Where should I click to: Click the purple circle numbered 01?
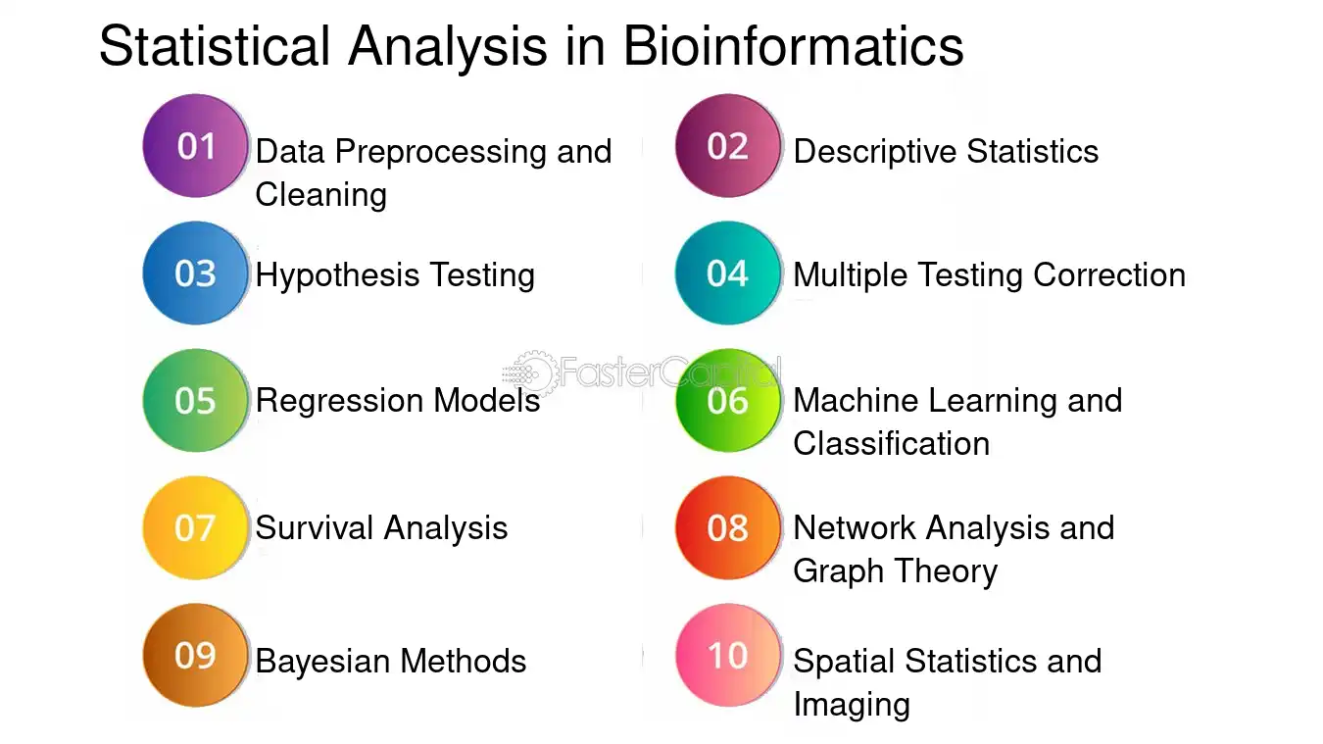(195, 146)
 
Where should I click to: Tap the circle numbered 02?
(727, 146)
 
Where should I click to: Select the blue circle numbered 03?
(195, 273)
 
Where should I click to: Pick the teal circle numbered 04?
(727, 273)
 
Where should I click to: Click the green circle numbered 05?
(195, 401)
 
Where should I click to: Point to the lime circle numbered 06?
(727, 401)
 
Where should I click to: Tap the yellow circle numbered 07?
(195, 527)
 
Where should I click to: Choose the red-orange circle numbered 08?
(727, 527)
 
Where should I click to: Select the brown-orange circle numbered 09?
(195, 656)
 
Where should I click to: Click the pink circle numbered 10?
(727, 656)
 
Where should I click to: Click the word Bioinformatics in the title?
(793, 46)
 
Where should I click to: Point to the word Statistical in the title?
(215, 46)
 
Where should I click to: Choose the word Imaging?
(851, 706)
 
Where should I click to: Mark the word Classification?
(891, 443)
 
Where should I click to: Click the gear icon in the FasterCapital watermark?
(534, 373)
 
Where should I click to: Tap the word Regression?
(340, 402)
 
